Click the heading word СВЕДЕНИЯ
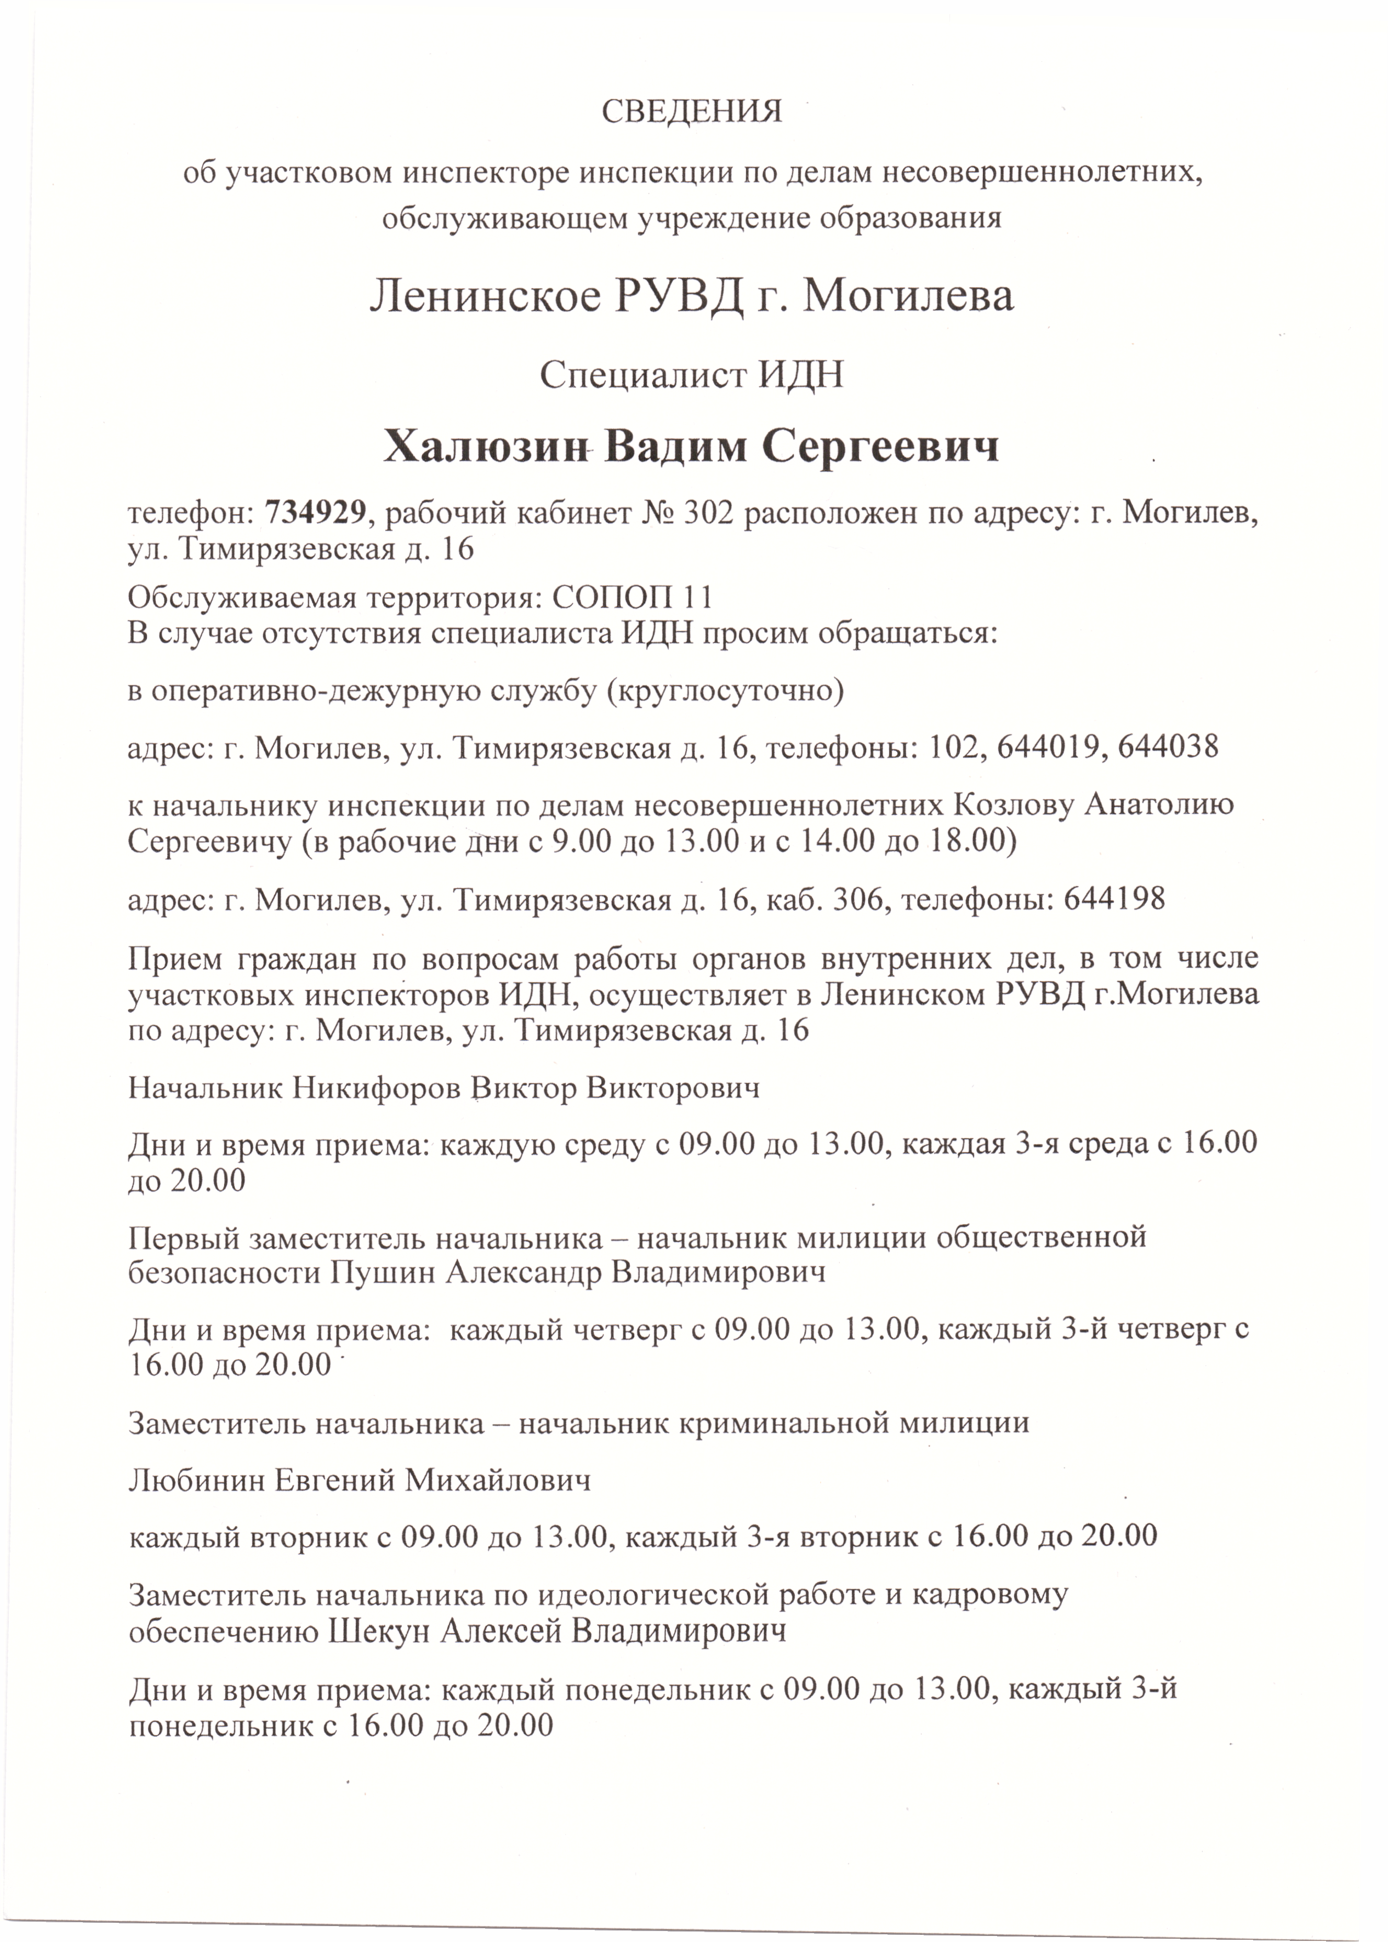[x=692, y=112]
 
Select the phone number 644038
[x=1168, y=749]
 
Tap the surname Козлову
[x=1012, y=806]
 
